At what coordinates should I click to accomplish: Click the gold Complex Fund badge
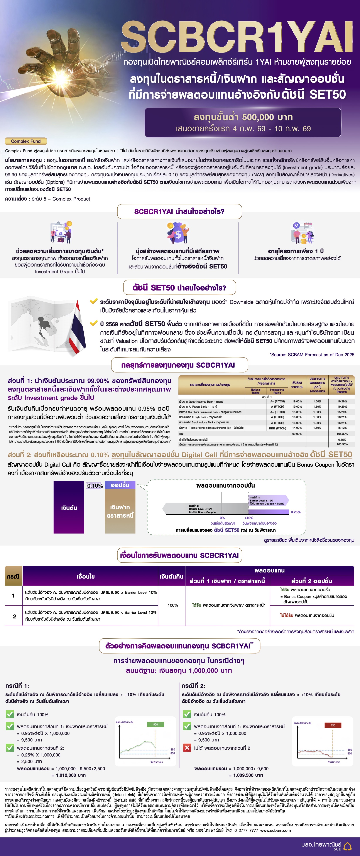[x=26, y=141]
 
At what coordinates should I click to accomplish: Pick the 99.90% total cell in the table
[x=297, y=434]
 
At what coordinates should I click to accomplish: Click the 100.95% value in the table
[x=342, y=444]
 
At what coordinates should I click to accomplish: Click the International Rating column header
[x=277, y=391]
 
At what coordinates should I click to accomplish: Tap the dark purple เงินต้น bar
[x=69, y=507]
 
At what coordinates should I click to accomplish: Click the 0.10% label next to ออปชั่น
[x=95, y=486]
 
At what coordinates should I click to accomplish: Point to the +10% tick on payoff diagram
[x=249, y=518]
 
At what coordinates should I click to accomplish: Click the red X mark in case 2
[x=187, y=748]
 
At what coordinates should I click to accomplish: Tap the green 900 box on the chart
[x=155, y=724]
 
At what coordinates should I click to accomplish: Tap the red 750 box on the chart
[x=333, y=725]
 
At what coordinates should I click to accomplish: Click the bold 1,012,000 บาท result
[x=68, y=775]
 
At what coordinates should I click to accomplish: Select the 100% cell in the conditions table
[x=172, y=605]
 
